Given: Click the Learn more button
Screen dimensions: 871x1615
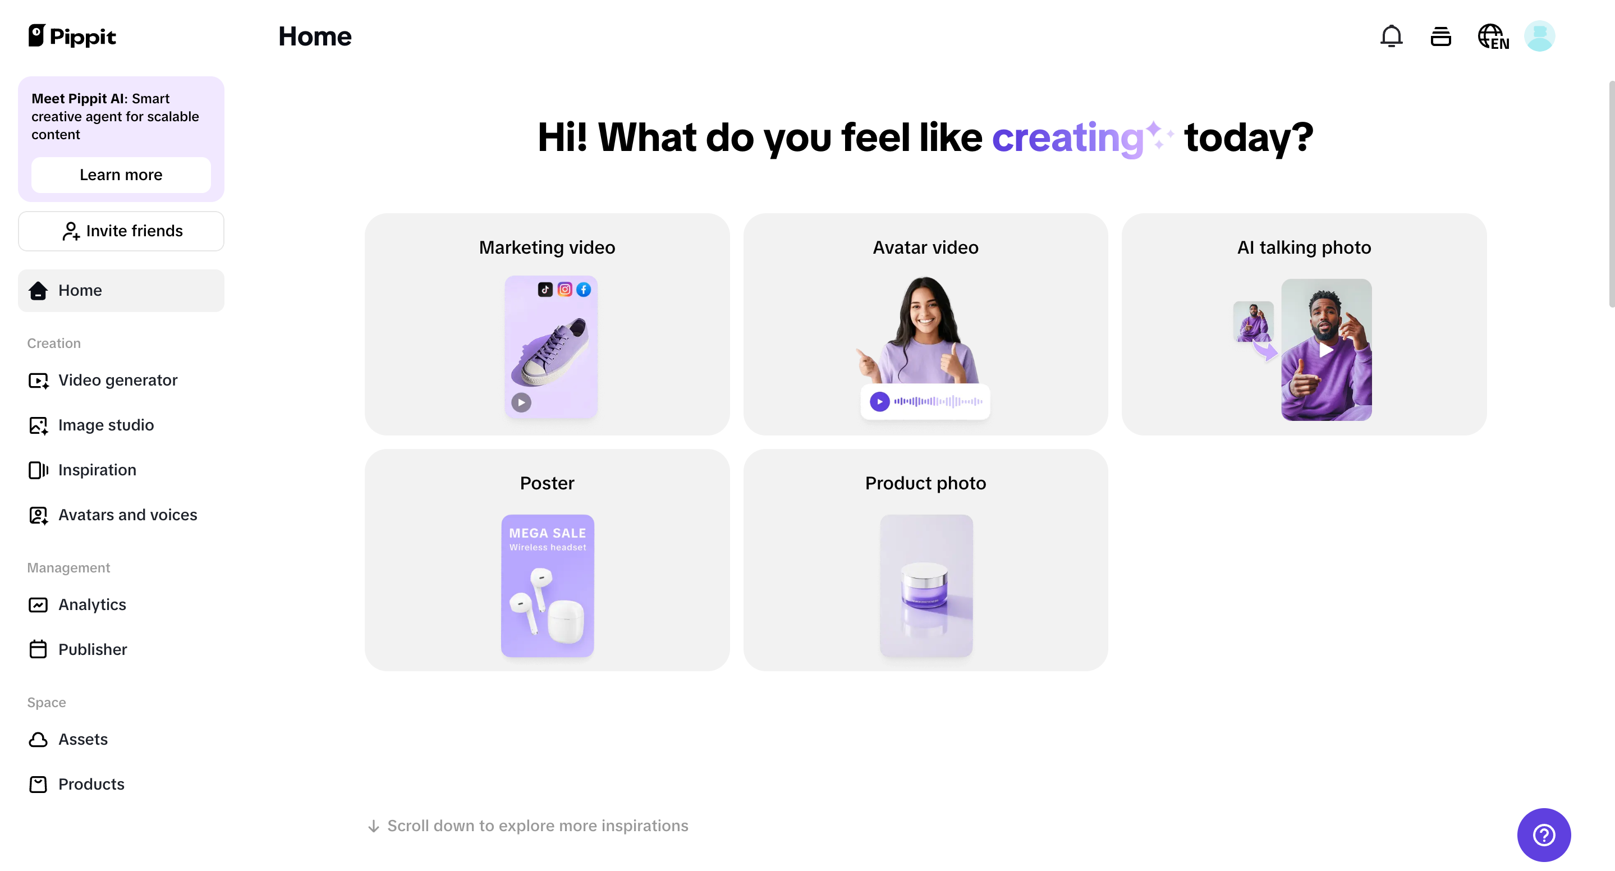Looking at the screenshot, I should (x=121, y=175).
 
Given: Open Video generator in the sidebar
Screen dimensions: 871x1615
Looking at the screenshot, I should (x=118, y=380).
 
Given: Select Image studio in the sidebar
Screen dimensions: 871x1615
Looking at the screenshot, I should (x=105, y=425).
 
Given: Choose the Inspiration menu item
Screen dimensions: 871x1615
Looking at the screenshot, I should (x=97, y=470).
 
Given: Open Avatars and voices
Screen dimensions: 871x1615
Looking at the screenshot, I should (x=127, y=515).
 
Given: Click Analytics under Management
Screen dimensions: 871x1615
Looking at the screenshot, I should (x=91, y=604).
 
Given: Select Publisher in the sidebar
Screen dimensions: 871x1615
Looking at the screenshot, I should (x=92, y=650).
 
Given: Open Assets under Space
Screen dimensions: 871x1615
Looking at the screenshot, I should (x=82, y=739).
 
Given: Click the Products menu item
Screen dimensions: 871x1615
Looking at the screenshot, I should (x=91, y=785).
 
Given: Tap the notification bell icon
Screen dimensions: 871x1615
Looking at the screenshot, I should (x=1391, y=36).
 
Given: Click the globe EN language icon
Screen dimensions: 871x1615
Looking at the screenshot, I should (x=1493, y=36).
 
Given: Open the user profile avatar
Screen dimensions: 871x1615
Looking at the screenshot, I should (x=1539, y=36).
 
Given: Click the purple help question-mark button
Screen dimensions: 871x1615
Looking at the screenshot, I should (x=1543, y=835).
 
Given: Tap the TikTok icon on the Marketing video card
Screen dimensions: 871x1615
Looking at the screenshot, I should (x=545, y=289).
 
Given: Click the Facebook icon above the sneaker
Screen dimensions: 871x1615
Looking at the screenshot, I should (x=584, y=289).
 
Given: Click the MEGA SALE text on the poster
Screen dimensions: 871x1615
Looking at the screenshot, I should (x=547, y=533).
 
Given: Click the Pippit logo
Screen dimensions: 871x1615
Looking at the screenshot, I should (x=72, y=36).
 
